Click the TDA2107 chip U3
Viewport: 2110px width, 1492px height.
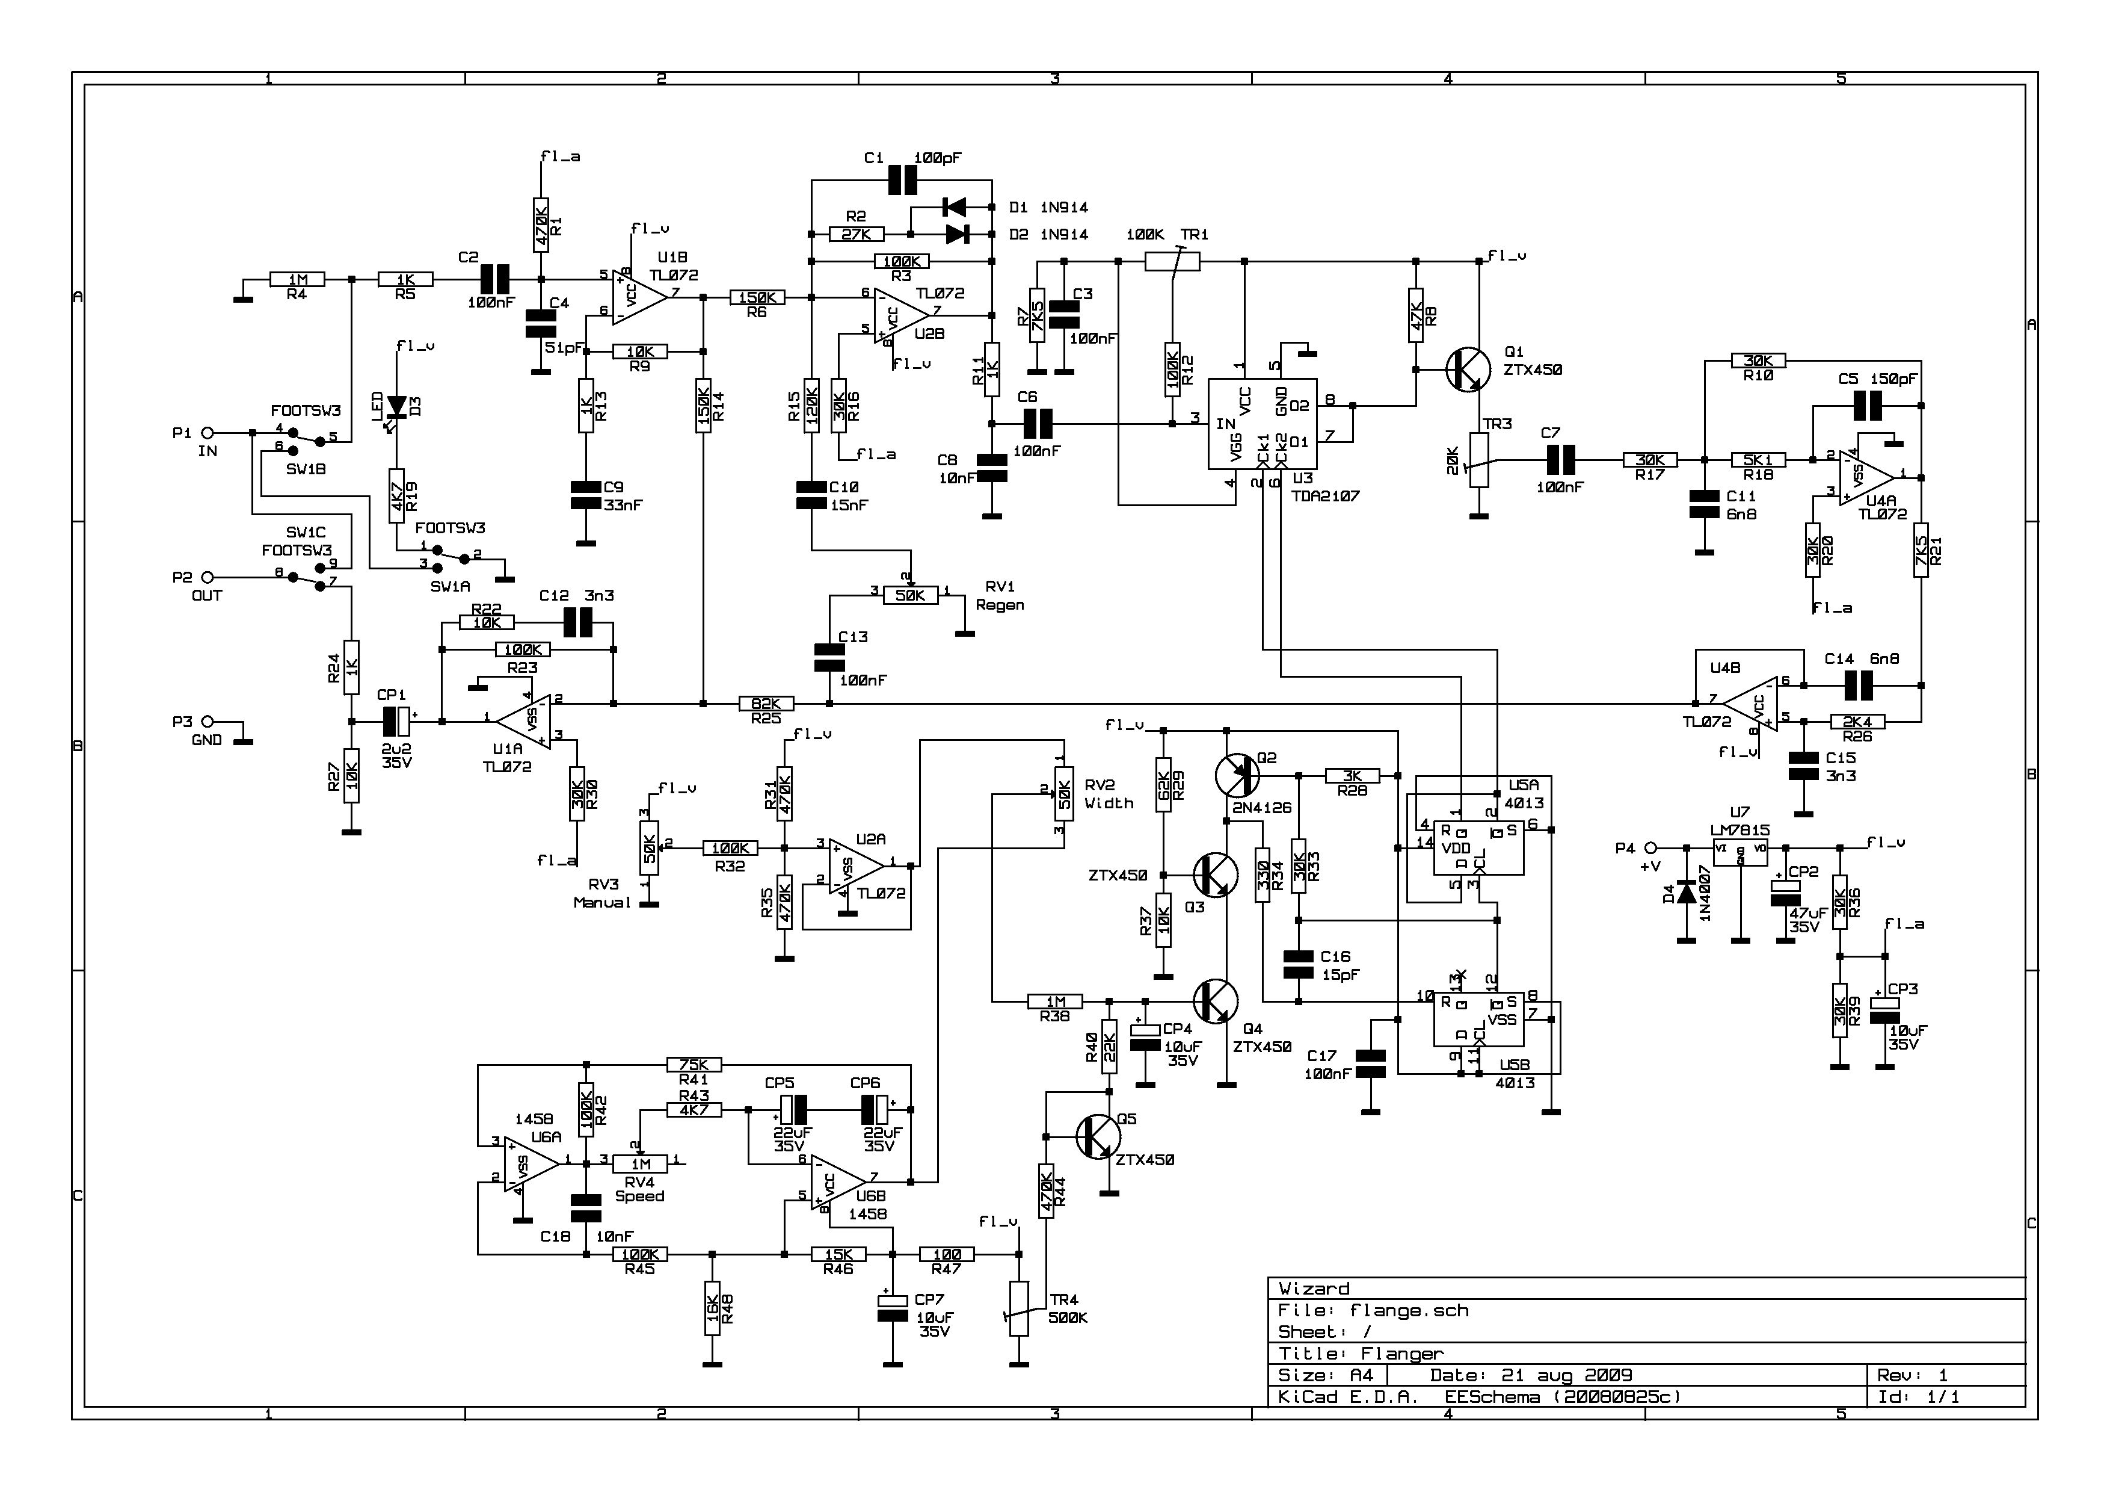(1262, 424)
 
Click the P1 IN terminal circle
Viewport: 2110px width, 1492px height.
(208, 432)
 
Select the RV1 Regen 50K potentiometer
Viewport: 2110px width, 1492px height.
(910, 596)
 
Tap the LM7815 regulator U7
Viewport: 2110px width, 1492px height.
(1739, 850)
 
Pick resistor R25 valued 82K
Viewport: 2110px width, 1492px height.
(766, 704)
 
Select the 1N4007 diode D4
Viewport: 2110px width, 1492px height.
(1687, 893)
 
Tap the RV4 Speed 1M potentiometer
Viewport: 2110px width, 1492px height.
(639, 1164)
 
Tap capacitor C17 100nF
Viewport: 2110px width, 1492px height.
(1370, 1065)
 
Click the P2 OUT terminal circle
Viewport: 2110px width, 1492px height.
(208, 577)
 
